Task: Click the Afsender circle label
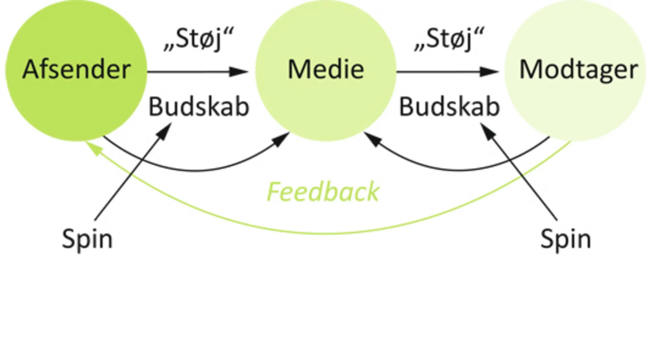point(76,70)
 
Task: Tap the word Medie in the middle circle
point(326,70)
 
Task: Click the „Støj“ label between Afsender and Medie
point(198,40)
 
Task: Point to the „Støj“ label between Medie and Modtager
point(449,40)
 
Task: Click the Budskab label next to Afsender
point(199,107)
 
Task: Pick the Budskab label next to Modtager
point(449,107)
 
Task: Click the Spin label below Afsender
point(87,239)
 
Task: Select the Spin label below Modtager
point(565,239)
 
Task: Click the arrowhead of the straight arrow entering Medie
point(239,72)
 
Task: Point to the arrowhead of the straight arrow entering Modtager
point(490,72)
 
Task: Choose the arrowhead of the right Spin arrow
point(487,130)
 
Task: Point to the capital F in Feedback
point(274,192)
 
